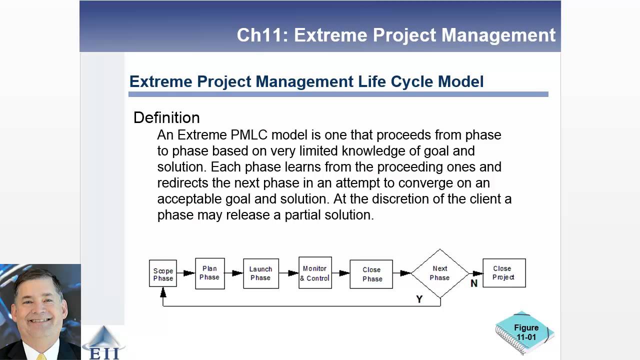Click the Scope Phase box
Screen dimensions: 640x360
click(x=163, y=273)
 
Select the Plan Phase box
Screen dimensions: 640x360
click(x=210, y=273)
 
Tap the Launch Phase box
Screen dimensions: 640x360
click(x=261, y=273)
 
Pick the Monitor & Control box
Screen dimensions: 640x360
click(x=315, y=273)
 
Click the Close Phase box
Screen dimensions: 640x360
click(x=371, y=274)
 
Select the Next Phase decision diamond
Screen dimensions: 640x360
click(x=440, y=273)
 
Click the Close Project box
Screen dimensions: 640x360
click(x=504, y=273)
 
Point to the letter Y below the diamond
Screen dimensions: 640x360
click(x=419, y=299)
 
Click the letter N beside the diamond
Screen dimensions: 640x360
click(x=474, y=283)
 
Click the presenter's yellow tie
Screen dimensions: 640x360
click(x=41, y=356)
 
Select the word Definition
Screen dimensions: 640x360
click(x=166, y=117)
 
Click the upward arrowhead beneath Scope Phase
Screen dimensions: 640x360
click(x=163, y=293)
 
